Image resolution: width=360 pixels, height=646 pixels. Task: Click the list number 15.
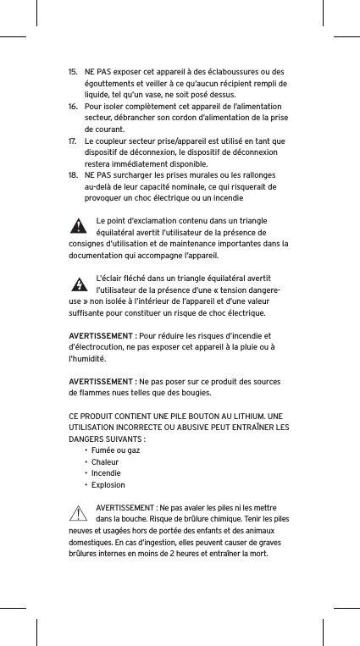pos(73,71)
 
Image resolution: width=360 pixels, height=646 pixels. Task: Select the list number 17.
pos(73,141)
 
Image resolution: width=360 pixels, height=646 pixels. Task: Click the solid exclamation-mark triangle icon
pos(78,226)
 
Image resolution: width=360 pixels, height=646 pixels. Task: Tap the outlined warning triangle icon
pos(78,513)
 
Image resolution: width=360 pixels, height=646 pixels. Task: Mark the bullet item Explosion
pos(108,485)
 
